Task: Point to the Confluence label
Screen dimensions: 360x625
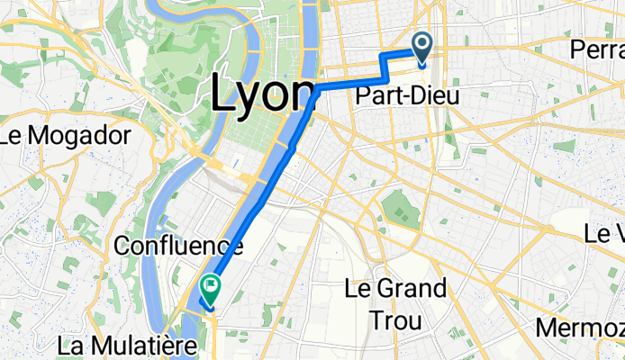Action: [179, 244]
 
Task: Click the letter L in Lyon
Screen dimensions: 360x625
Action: [222, 91]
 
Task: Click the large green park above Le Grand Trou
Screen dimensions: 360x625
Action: [400, 210]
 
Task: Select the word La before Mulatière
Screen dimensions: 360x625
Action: [70, 344]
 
